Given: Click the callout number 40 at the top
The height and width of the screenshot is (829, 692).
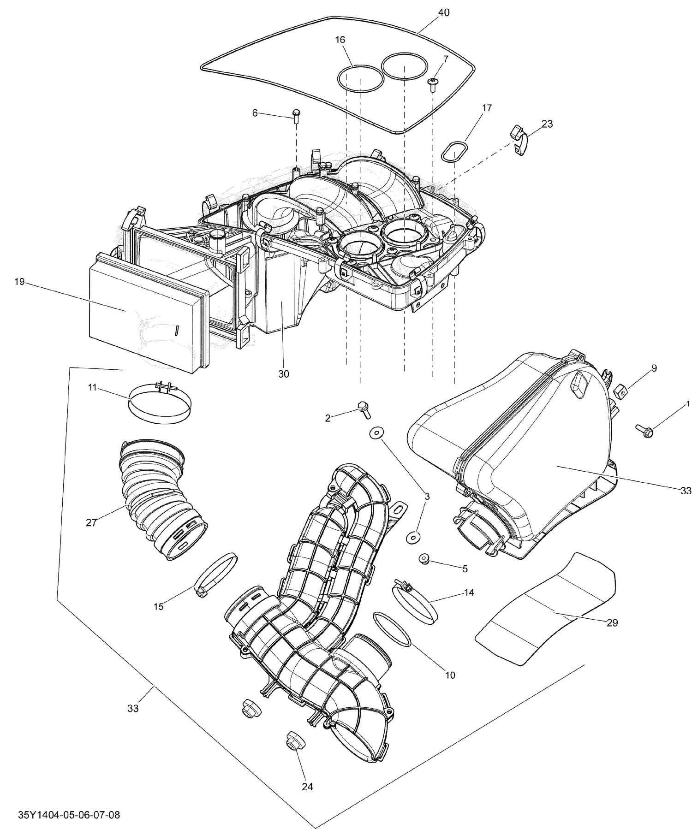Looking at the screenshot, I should click(443, 12).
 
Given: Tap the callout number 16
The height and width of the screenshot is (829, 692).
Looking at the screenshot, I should click(340, 40).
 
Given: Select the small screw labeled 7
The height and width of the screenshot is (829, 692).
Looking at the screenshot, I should click(433, 83).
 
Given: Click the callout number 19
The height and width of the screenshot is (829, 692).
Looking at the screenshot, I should click(19, 282).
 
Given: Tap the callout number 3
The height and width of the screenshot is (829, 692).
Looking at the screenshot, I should click(427, 496).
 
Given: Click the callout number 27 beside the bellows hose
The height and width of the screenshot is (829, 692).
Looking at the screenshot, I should click(91, 523).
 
